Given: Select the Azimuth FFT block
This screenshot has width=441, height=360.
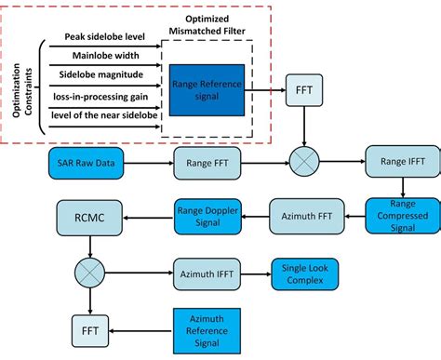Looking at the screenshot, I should coord(304,217).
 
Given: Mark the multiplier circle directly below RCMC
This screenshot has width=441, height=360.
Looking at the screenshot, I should coord(87,274).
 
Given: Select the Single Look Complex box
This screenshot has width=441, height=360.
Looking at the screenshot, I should coord(304,274).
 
